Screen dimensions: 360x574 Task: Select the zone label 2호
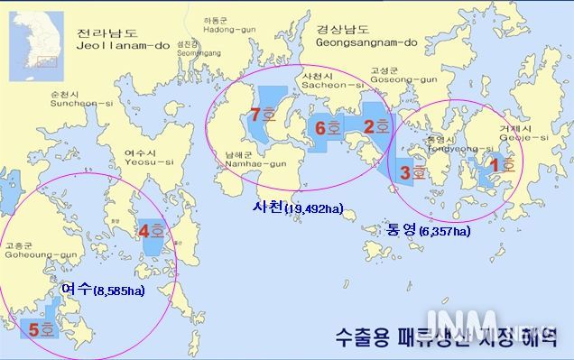point(375,126)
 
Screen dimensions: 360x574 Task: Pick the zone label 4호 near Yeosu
point(151,231)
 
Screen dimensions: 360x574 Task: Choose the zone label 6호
point(328,128)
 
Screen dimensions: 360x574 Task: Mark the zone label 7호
point(264,115)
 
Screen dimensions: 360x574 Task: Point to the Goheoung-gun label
point(29,249)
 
